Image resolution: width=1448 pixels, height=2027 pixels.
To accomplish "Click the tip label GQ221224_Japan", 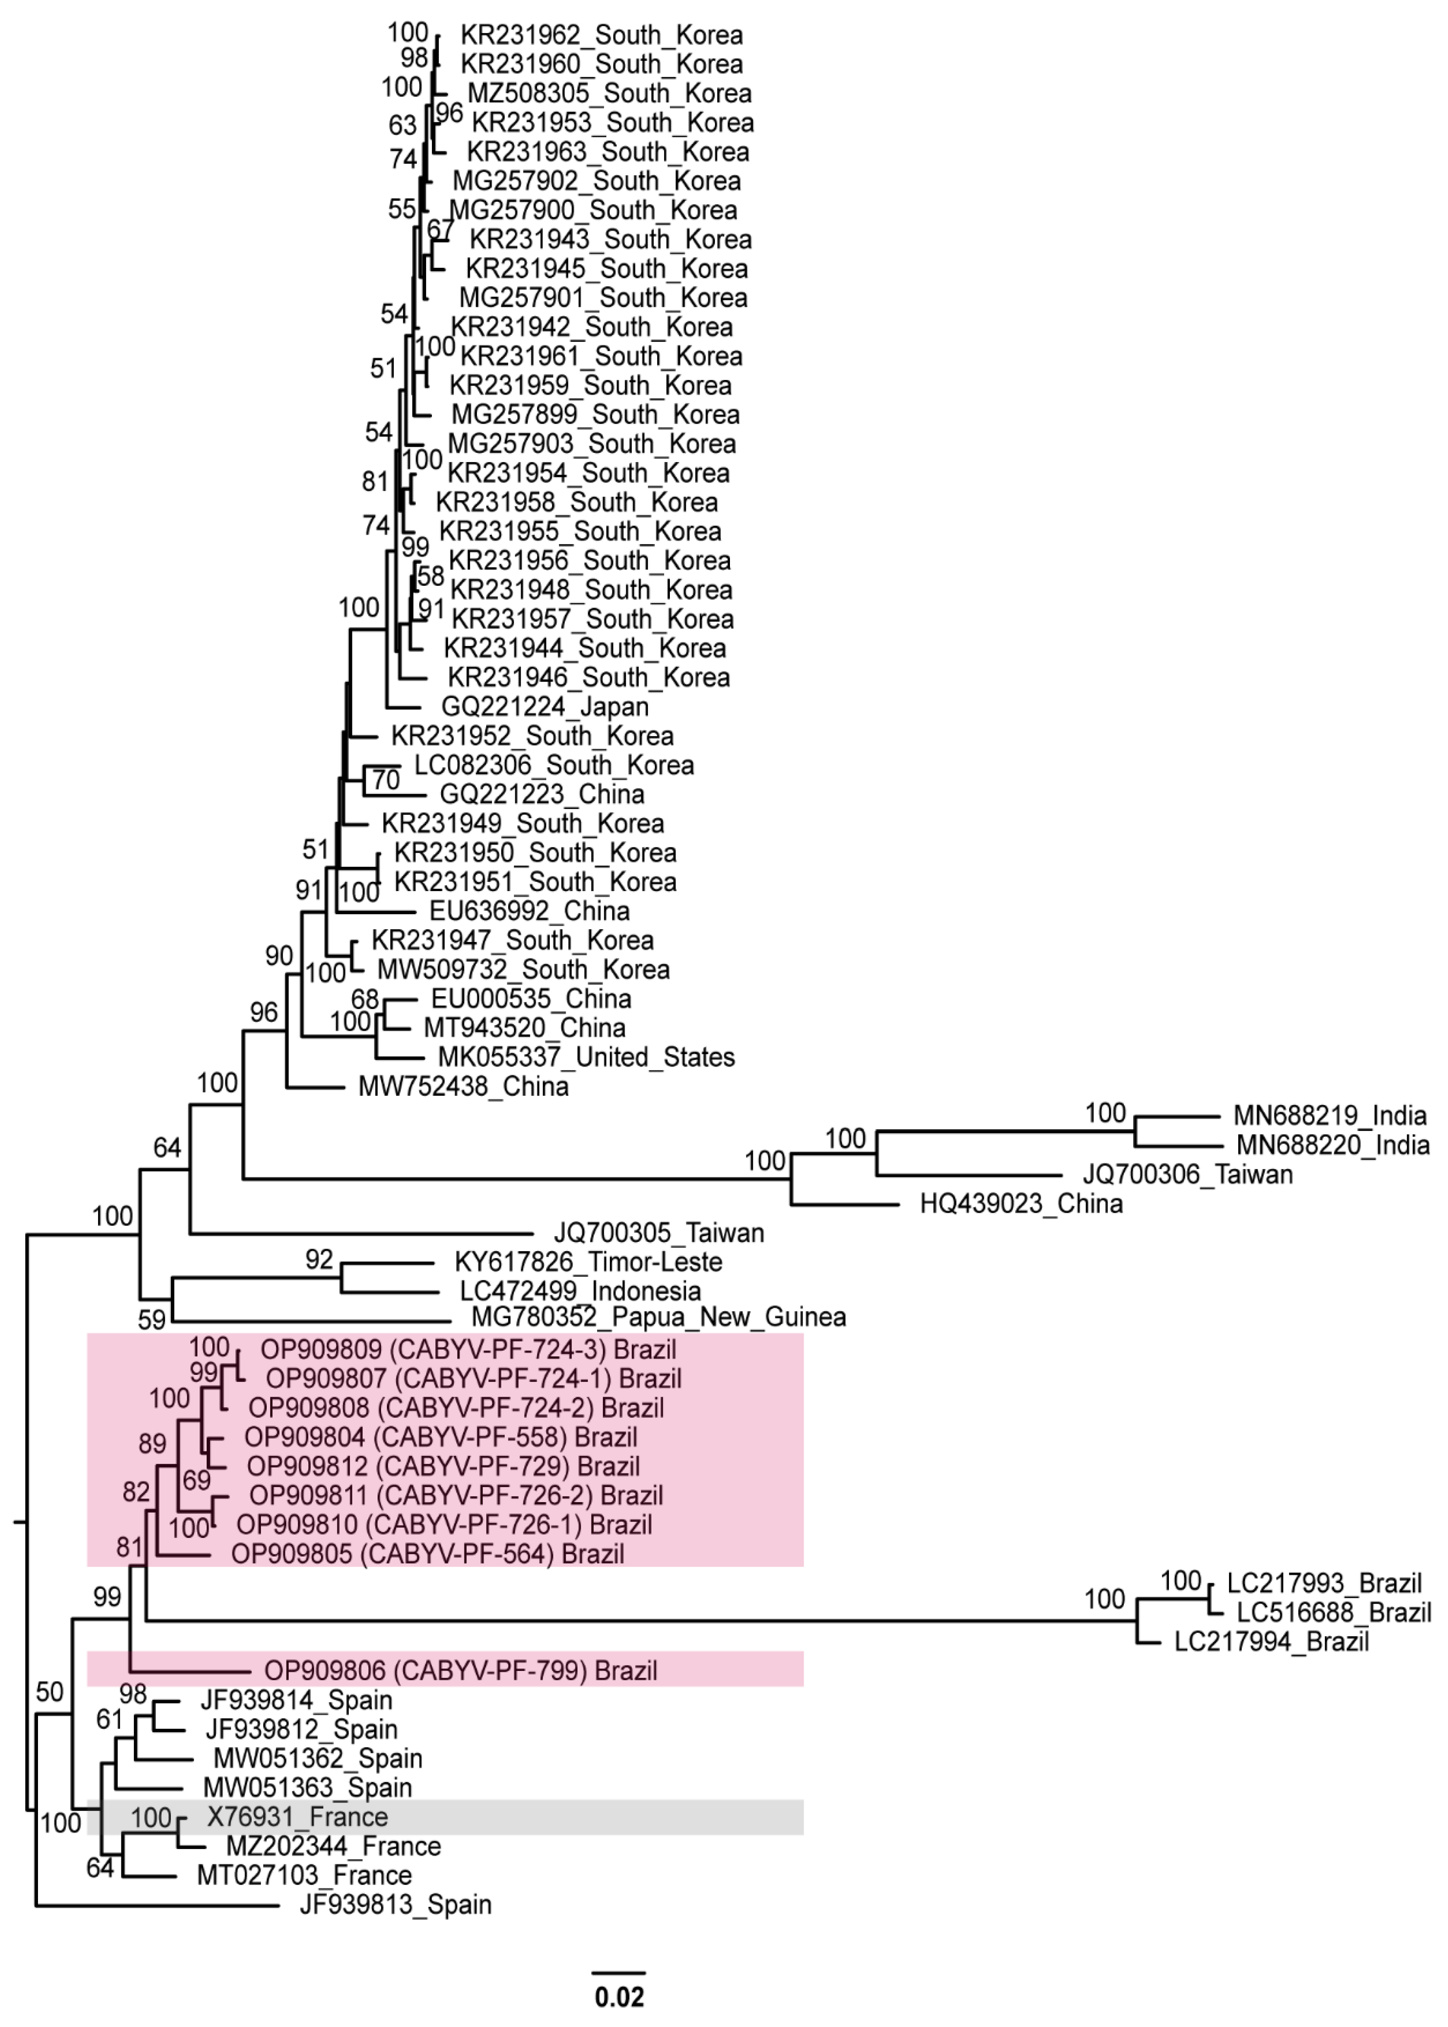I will point(545,706).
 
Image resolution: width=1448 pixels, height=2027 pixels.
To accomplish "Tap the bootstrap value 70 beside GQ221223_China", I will point(385,779).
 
